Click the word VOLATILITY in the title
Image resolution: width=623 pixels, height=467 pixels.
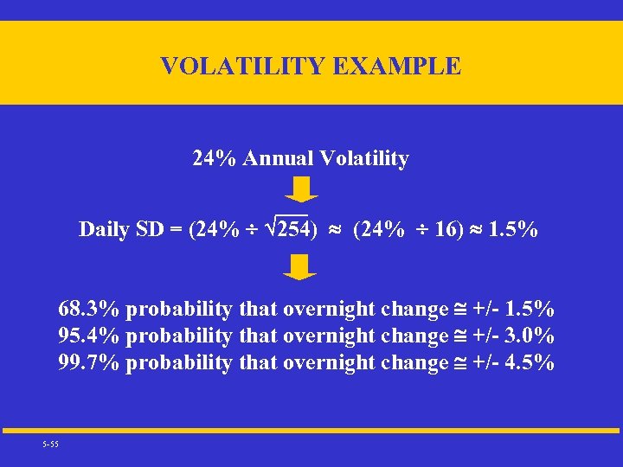(x=240, y=66)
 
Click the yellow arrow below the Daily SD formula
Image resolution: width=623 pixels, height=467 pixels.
(x=300, y=267)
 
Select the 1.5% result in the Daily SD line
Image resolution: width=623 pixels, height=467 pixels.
(x=513, y=229)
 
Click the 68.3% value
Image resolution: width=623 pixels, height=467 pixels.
(x=88, y=309)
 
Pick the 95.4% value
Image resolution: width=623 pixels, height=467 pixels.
(x=88, y=336)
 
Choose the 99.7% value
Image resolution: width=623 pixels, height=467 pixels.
(x=88, y=362)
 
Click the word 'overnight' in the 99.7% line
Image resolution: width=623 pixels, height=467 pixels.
(x=329, y=362)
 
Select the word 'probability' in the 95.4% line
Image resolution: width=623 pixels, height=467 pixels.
(x=179, y=336)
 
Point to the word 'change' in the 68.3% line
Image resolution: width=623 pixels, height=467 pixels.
(x=412, y=309)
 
